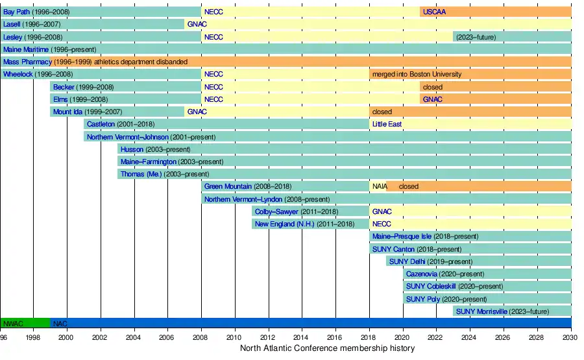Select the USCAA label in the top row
(x=434, y=12)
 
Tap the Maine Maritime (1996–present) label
(x=49, y=49)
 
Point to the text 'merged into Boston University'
(x=416, y=75)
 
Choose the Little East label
(x=387, y=125)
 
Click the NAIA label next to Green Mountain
(x=379, y=187)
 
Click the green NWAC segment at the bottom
(x=25, y=323)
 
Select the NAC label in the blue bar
(x=60, y=323)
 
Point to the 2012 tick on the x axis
(x=268, y=337)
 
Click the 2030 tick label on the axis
(x=571, y=337)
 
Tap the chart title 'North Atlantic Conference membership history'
(x=327, y=349)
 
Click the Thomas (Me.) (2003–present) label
(x=156, y=174)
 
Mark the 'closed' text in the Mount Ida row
(x=382, y=112)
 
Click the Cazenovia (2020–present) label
(x=444, y=274)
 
